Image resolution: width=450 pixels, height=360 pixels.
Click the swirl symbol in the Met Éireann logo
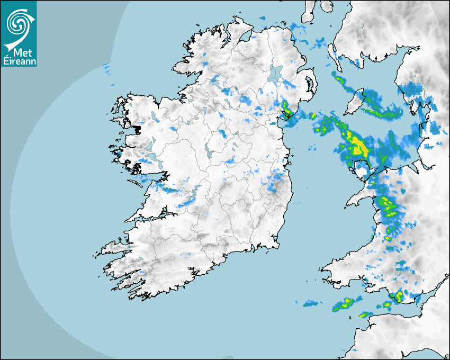(x=19, y=23)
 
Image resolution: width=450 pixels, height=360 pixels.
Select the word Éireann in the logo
(x=19, y=61)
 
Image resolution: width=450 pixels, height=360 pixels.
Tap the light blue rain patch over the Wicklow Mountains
(x=276, y=183)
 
